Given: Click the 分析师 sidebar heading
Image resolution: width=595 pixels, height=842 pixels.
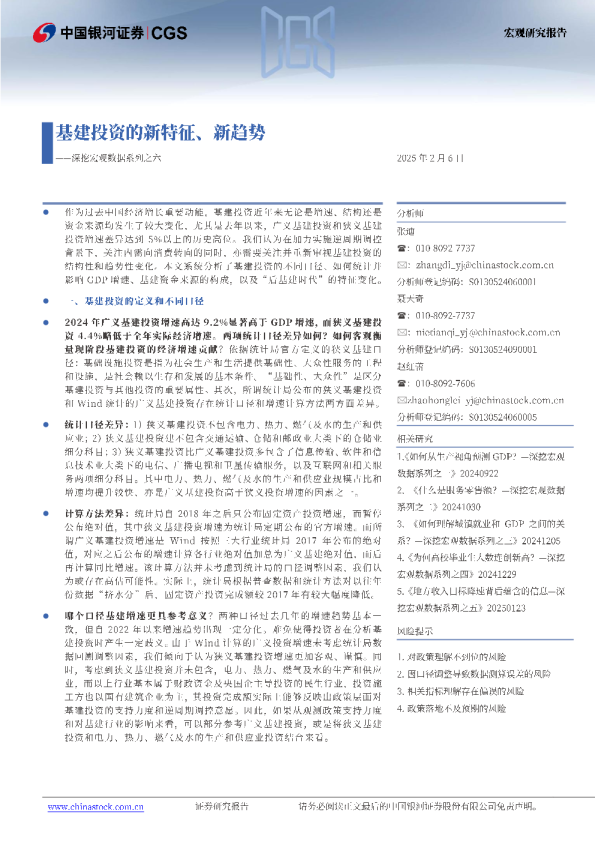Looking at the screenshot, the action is click(x=411, y=213).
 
